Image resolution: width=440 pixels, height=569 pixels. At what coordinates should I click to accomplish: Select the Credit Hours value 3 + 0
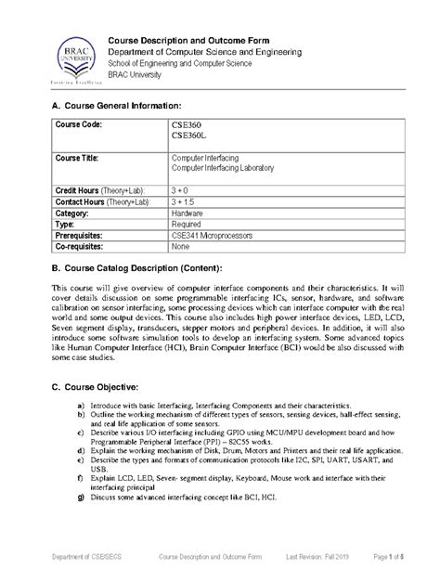pyautogui.click(x=183, y=188)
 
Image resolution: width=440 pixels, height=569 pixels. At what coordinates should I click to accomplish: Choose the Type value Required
pyautogui.click(x=188, y=224)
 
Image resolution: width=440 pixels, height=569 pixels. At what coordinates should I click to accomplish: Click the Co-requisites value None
pyautogui.click(x=181, y=248)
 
